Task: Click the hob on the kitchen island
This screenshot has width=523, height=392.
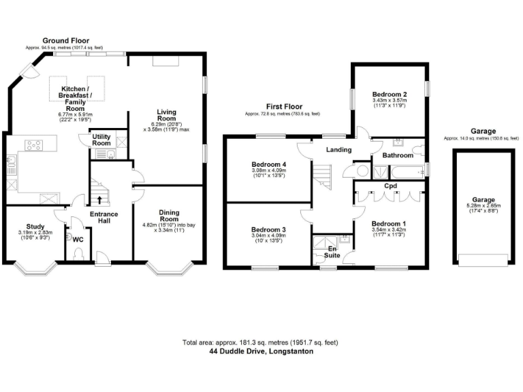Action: [x=34, y=144]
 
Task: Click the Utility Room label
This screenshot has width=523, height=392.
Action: [x=101, y=140]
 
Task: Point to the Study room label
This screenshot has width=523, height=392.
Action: [x=35, y=227]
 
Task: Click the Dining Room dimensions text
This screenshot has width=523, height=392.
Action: [x=169, y=228]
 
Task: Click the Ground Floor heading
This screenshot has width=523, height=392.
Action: [x=64, y=41]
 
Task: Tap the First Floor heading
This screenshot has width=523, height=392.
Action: [x=284, y=107]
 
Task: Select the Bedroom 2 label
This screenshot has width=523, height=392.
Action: [x=389, y=94]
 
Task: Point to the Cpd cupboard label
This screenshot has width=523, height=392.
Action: [x=390, y=185]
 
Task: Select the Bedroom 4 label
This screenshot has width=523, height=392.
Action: [x=269, y=165]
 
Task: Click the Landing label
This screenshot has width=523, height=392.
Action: [x=338, y=150]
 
